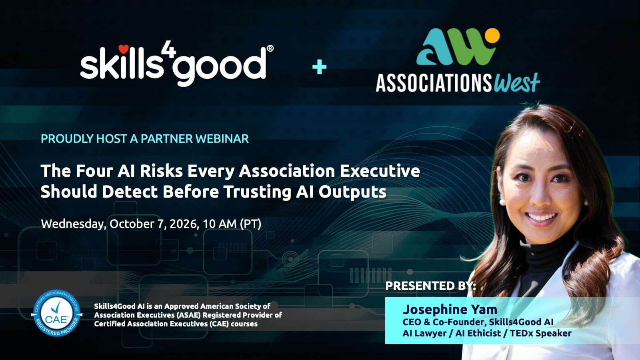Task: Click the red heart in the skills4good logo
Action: [124, 49]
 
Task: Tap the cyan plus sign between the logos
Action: [319, 66]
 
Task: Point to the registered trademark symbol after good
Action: [270, 48]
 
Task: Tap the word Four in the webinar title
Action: [93, 171]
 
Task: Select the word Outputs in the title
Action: [352, 192]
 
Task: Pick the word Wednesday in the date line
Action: [74, 224]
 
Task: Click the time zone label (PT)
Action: [250, 224]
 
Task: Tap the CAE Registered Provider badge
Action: [56, 313]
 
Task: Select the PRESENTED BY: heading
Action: [430, 286]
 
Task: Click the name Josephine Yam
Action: [450, 310]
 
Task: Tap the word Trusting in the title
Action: [257, 192]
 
